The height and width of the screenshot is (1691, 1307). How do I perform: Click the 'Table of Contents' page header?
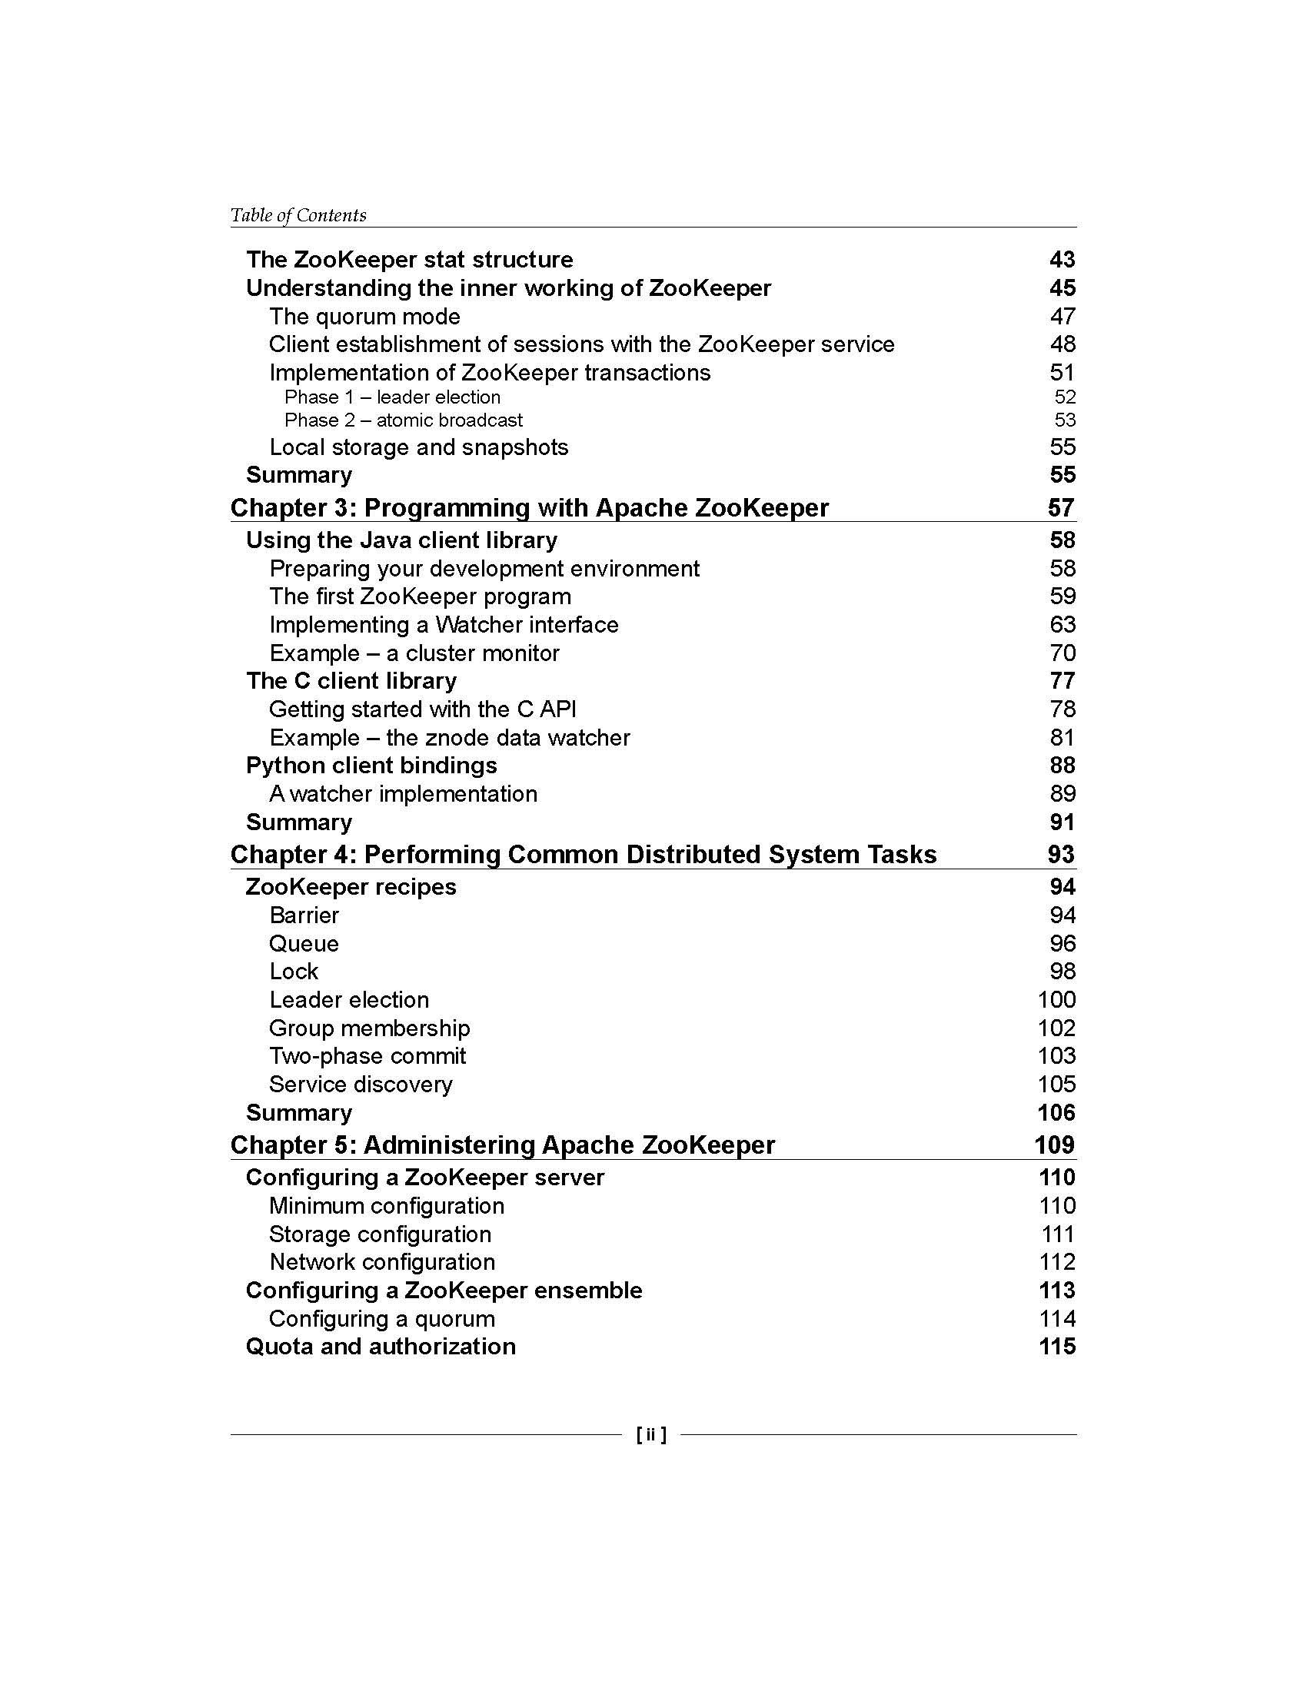coord(298,215)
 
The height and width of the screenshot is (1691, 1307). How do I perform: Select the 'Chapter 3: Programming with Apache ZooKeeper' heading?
coord(530,508)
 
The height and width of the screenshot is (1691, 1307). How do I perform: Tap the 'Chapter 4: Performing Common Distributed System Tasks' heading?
coord(583,854)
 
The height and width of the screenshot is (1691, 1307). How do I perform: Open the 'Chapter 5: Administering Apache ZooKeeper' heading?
coord(503,1144)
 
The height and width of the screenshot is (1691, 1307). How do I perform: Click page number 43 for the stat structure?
coord(1062,259)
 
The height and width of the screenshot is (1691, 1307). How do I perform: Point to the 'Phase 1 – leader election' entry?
coord(392,397)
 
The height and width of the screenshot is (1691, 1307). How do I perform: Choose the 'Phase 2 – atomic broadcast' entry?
coord(404,420)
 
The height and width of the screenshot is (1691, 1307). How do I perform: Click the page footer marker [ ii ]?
coord(651,1434)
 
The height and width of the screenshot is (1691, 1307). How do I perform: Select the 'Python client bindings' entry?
coord(371,765)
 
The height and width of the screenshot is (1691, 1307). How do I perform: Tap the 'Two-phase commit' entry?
coord(367,1055)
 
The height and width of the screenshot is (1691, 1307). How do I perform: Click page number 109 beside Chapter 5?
coord(1054,1144)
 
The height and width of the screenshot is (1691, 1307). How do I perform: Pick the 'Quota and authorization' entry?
coord(380,1346)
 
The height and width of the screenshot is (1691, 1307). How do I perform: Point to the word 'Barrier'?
coord(304,915)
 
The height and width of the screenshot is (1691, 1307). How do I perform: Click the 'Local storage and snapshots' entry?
coord(419,447)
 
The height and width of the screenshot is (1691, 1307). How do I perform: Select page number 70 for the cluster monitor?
coord(1063,653)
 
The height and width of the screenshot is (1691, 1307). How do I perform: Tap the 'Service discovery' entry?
coord(361,1084)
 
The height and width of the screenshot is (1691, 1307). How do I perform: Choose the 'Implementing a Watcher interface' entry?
coord(444,624)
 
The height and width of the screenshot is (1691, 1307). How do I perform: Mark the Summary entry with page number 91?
coord(299,822)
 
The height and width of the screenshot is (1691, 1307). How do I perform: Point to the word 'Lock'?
coord(294,971)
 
